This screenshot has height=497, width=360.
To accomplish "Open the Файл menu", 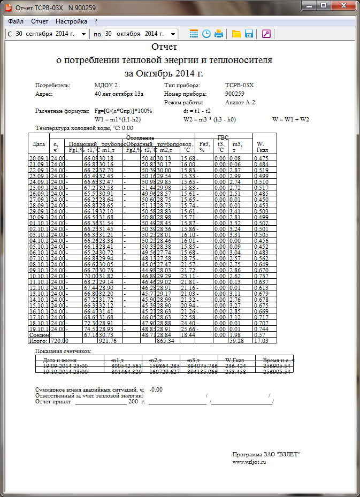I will (x=16, y=21).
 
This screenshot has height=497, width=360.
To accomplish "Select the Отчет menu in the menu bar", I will (x=40, y=21).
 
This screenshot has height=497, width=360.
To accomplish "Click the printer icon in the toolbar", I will (x=218, y=34).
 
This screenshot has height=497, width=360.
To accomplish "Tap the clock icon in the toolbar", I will (x=206, y=34).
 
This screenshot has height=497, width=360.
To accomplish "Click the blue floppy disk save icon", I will (x=249, y=34).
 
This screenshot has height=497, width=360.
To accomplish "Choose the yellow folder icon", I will (x=236, y=34).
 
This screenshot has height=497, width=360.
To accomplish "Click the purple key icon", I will (x=266, y=34).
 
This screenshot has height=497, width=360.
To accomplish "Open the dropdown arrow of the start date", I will (x=84, y=34).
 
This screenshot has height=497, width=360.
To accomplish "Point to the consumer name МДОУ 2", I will (x=106, y=85).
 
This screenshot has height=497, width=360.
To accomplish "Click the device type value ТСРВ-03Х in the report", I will (x=240, y=85).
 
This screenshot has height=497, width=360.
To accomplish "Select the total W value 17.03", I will (x=261, y=340).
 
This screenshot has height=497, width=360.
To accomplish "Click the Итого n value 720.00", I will (x=59, y=340).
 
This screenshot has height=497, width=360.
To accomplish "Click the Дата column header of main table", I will (x=39, y=144).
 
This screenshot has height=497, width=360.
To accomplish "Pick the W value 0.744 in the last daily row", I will (x=261, y=329).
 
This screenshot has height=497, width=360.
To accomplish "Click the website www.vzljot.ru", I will (x=249, y=462).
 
